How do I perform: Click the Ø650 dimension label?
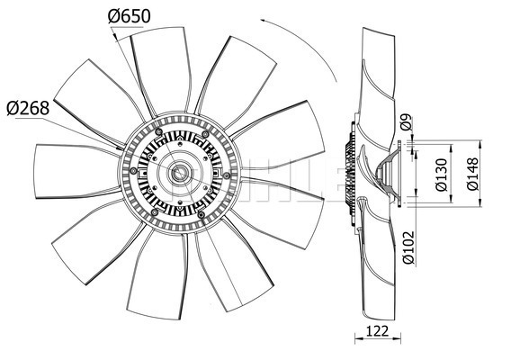pos(129,15)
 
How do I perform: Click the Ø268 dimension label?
pos(28,108)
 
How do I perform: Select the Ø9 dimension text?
pos(406,122)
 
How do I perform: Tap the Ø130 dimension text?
pos(442,175)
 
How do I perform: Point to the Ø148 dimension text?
pos(472,174)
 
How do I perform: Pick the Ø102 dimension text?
pos(408,247)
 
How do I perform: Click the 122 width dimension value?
pos(378,331)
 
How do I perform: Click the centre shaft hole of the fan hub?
pos(179,173)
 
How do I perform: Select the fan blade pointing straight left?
pos(76,171)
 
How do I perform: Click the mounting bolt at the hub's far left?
pos(133,171)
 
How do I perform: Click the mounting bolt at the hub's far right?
pos(227,175)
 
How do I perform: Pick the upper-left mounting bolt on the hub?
pos(158,131)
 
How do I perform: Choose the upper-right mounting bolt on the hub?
pos(205,134)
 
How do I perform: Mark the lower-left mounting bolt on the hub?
pos(155,213)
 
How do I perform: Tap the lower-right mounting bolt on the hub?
pos(202,214)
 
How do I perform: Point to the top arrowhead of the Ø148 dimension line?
pos(480,144)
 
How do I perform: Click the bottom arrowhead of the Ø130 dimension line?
pos(451,199)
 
